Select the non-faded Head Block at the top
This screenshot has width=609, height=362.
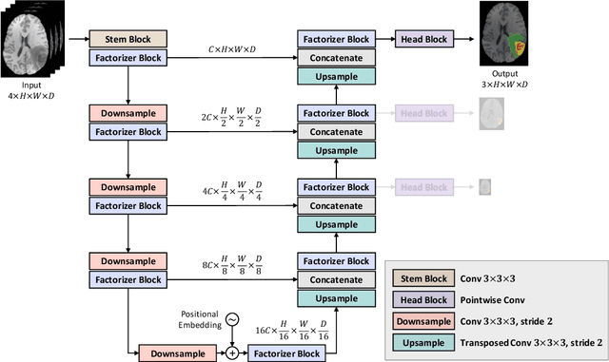coord(422,39)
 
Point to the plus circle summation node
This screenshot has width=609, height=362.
coord(230,352)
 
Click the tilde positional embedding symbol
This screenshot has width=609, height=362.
coord(230,319)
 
